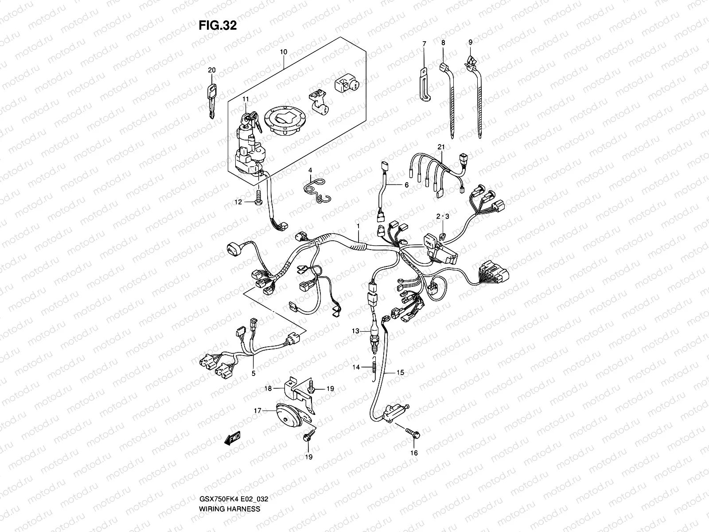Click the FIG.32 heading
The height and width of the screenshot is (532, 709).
(x=218, y=26)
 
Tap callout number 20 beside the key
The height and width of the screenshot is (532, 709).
(x=211, y=70)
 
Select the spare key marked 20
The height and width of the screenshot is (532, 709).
(x=212, y=100)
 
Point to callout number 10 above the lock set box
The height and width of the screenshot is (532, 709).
(x=284, y=52)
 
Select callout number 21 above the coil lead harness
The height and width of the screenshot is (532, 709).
(x=440, y=147)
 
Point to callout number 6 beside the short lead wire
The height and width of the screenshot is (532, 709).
(x=406, y=185)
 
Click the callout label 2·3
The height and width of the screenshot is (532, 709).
(x=443, y=216)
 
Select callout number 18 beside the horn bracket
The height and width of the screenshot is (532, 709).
(x=268, y=388)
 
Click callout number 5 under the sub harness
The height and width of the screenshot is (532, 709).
(x=253, y=373)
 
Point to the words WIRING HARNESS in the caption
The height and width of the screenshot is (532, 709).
(x=229, y=484)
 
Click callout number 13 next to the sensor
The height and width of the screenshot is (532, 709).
(x=355, y=331)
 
